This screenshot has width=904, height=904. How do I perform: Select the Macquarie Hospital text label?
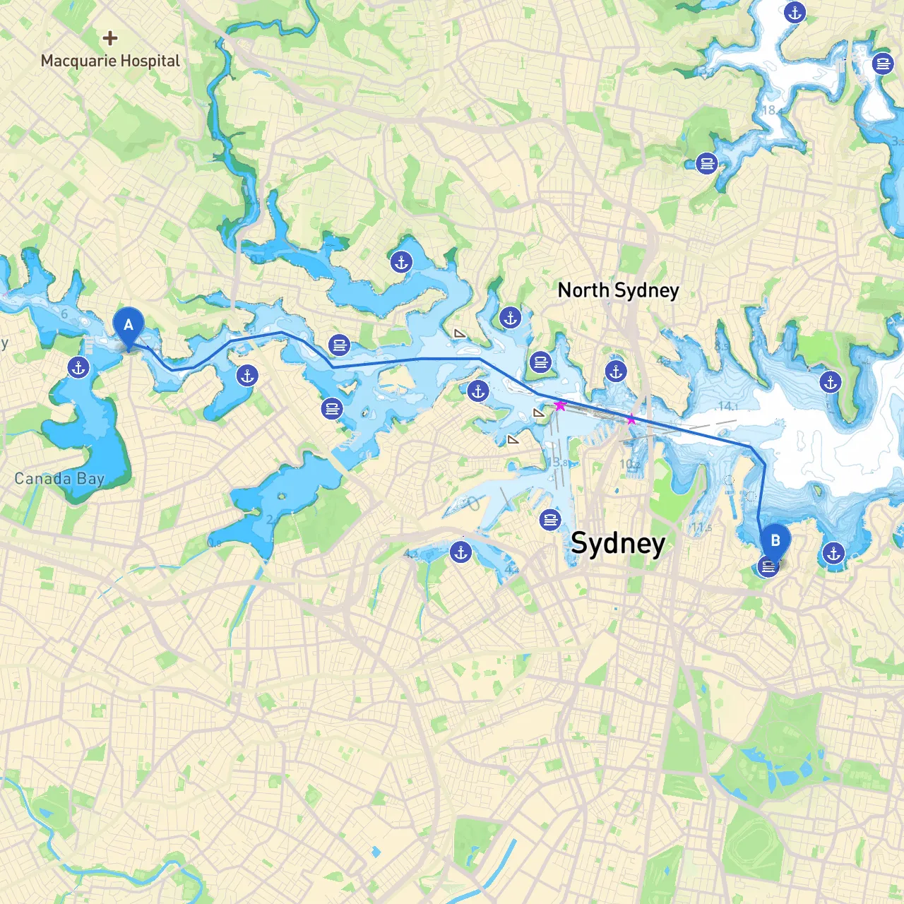click(x=110, y=61)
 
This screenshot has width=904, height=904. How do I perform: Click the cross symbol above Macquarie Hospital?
click(x=109, y=37)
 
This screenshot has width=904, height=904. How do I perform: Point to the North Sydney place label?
click(x=618, y=290)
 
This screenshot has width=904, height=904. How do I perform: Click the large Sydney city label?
click(x=618, y=543)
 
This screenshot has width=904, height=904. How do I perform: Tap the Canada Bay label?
click(x=59, y=479)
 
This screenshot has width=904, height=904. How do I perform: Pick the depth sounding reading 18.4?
click(x=771, y=110)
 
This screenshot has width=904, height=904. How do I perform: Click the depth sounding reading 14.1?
click(x=727, y=406)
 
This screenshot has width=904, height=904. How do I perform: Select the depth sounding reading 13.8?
click(x=557, y=463)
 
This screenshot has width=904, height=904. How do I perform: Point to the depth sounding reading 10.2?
click(x=629, y=464)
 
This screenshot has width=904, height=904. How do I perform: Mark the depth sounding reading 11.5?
click(x=701, y=528)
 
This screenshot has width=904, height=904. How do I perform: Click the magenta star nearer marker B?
click(x=631, y=420)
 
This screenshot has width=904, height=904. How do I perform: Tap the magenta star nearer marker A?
click(x=560, y=405)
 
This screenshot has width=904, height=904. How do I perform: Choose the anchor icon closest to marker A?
click(x=78, y=367)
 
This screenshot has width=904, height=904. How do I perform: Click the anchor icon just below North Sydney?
click(x=616, y=371)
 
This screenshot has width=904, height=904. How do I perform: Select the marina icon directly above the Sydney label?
click(x=549, y=521)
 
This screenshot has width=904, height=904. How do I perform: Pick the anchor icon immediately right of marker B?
click(x=833, y=553)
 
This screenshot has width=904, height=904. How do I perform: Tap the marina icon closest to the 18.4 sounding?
click(x=706, y=163)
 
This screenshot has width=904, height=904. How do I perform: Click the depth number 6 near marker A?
click(x=64, y=314)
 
